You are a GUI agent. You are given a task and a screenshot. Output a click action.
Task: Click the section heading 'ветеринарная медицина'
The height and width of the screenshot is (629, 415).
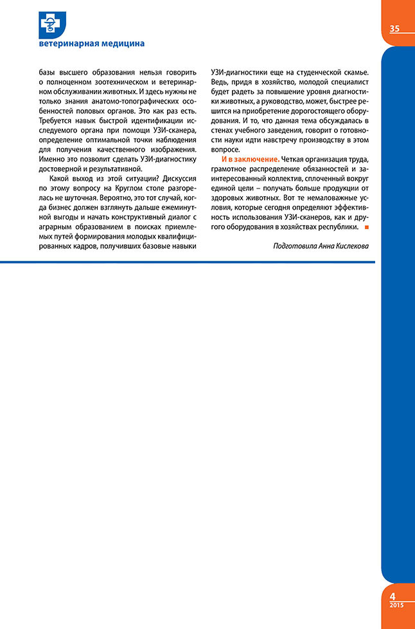pos(91,43)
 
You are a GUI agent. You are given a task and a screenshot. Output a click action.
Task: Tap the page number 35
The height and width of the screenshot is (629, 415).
pos(394,28)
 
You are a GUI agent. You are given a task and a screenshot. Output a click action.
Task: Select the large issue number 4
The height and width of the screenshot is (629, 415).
pos(393,596)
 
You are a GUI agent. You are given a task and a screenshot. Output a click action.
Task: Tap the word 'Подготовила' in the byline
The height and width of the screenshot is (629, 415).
pos(296,245)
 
